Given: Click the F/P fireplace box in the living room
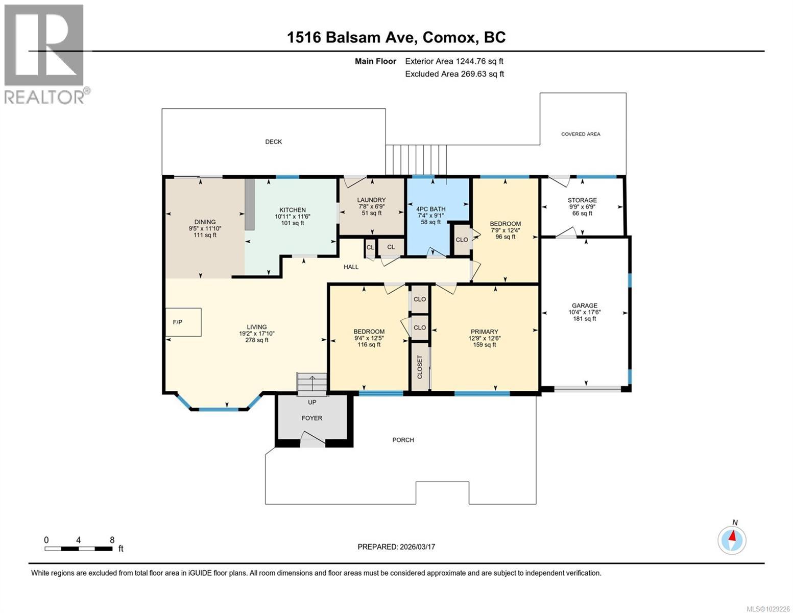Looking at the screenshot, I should coord(183,322).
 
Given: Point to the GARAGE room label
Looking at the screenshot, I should coord(584,305).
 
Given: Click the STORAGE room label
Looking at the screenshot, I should coord(582,200).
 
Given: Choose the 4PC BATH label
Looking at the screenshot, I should coord(430,209).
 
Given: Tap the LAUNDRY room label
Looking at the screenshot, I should coord(371,200).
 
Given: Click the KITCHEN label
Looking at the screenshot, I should coord(292,210).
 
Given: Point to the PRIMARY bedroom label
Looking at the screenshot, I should coord(484,332).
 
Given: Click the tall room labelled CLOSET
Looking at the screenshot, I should coord(420,367).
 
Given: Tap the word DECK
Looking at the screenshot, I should coord(273,142).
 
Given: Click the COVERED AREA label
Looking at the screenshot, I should coord(581,134).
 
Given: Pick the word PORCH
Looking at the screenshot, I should coord(403,440).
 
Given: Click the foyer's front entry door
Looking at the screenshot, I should coord(311,439).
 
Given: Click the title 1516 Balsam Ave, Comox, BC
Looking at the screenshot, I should coord(396,37).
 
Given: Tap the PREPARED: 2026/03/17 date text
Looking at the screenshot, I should coord(396,547).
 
